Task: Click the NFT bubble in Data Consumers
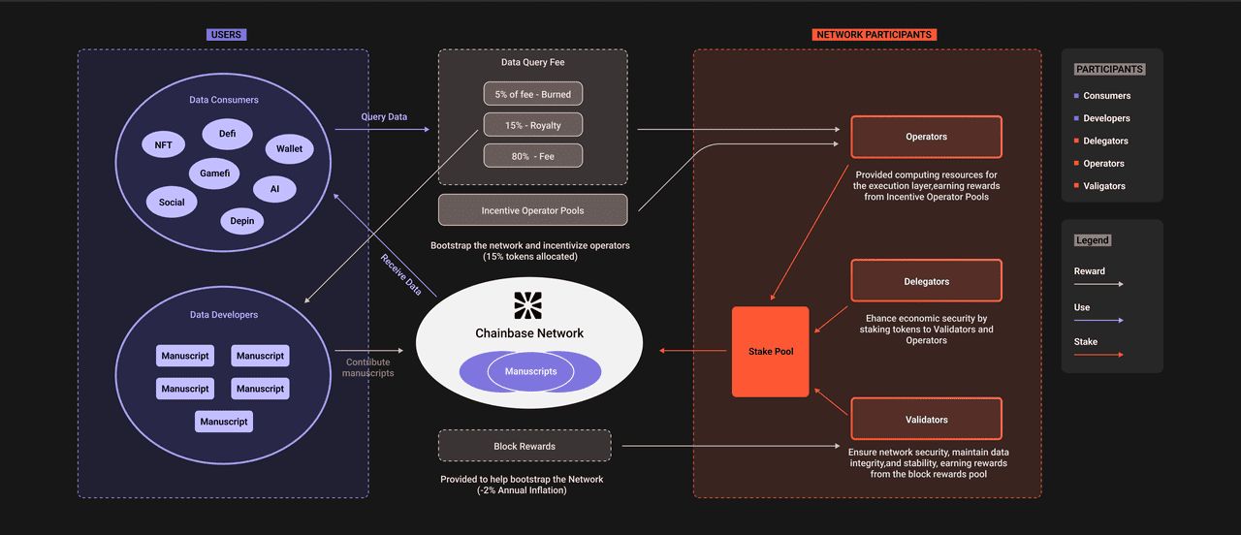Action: [163, 145]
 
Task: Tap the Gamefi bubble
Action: [213, 173]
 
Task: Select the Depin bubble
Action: [242, 221]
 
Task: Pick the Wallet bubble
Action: [289, 148]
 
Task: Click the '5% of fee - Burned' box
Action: [533, 94]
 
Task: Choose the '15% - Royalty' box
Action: [533, 125]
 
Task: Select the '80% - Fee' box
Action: [533, 156]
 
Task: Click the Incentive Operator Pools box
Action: [532, 210]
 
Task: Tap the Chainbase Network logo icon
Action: [529, 305]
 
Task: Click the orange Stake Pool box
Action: [771, 351]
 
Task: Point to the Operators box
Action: [926, 137]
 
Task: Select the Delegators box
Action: [926, 281]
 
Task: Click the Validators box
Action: [926, 420]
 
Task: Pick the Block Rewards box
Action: [525, 446]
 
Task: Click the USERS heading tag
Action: [226, 35]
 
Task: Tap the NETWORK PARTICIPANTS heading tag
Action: [874, 35]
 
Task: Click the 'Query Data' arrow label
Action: [384, 117]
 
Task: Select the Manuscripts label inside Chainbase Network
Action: [530, 371]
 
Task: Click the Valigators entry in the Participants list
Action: [1104, 186]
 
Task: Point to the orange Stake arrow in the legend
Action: [1098, 355]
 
